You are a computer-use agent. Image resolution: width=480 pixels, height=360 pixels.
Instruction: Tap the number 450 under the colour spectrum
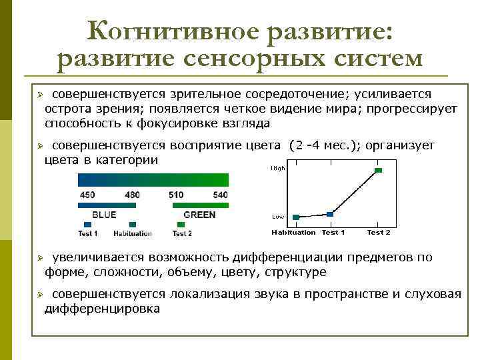(x=87, y=195)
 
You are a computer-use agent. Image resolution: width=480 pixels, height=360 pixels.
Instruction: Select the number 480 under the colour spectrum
(x=132, y=195)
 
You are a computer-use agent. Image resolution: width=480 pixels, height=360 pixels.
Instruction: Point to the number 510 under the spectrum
(x=176, y=195)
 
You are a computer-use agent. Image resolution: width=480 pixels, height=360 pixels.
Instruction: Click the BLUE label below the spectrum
(x=104, y=215)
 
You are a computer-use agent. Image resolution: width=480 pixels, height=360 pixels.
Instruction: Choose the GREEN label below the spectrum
(x=199, y=215)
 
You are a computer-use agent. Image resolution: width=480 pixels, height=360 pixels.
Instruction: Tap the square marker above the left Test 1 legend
(x=87, y=225)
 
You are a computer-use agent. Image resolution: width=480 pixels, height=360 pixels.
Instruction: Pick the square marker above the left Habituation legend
(x=132, y=225)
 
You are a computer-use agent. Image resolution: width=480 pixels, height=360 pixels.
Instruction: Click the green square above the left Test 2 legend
(x=181, y=225)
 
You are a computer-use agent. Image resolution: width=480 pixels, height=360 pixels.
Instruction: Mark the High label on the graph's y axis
(x=278, y=169)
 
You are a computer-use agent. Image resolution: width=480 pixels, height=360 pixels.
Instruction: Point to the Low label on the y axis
(x=278, y=217)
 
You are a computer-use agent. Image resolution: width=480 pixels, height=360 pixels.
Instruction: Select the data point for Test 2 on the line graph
(x=378, y=171)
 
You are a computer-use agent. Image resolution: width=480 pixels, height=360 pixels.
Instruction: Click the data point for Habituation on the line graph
(x=296, y=217)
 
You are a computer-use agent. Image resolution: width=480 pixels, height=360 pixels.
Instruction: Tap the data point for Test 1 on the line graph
(x=329, y=214)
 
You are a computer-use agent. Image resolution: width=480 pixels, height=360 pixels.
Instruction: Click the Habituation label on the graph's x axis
(x=293, y=232)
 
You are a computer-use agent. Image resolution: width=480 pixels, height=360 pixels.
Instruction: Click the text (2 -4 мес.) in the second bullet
(x=327, y=145)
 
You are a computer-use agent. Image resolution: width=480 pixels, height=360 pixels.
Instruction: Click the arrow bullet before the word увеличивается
(x=39, y=257)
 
